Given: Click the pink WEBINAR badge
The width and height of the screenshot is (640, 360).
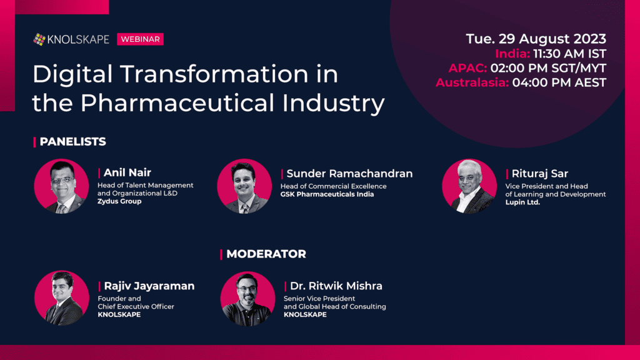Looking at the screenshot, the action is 140,39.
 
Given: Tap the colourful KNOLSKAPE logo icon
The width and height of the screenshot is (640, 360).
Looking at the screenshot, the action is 39,39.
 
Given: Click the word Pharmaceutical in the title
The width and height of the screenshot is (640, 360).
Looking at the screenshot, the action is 177,102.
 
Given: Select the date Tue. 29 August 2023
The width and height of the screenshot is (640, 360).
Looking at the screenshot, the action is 536,39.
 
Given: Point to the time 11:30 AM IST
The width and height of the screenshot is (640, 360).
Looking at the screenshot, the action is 570,54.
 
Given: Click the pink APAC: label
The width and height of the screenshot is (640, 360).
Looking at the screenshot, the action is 467,68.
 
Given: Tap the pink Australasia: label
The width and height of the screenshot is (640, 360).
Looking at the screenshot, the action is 472,82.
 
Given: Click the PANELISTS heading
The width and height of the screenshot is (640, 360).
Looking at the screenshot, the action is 72,142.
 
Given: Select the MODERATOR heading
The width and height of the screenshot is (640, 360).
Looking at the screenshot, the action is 266,254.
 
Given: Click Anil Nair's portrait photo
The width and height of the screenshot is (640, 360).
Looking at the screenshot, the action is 61,186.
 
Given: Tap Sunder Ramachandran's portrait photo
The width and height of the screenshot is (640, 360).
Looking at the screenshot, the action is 244,186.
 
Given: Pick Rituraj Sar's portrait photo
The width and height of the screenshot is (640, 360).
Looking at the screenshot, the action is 469,186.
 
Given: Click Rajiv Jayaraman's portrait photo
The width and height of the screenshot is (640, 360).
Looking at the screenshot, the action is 62,298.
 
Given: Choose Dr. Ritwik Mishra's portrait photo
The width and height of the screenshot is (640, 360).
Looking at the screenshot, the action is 247,298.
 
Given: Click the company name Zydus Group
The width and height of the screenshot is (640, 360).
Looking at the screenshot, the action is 119,201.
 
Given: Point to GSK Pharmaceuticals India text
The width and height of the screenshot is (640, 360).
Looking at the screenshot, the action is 327,194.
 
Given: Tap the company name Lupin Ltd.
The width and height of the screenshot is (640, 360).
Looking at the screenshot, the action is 522,202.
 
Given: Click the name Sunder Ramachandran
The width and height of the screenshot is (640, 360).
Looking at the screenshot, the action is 349,174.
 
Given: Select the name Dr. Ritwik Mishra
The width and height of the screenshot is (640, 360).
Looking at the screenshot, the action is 336,286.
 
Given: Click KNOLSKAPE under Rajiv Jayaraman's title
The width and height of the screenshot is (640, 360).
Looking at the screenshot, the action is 119,315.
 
